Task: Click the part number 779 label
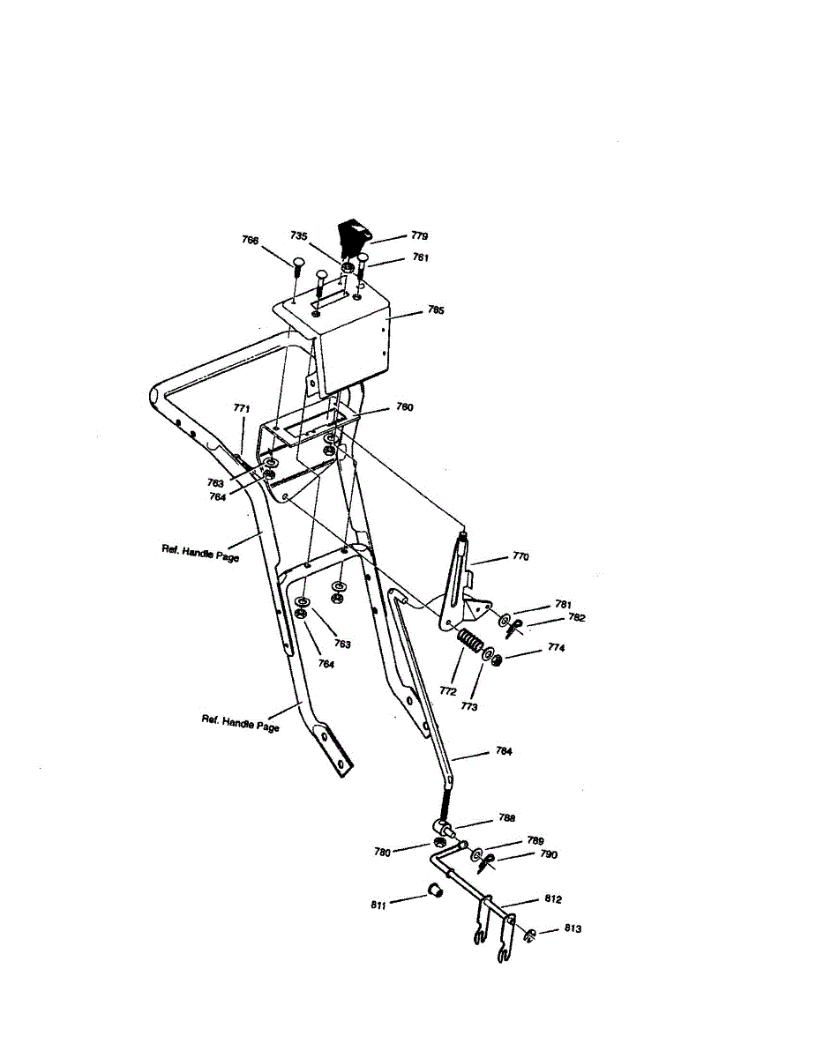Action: coord(419,236)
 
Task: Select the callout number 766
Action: coord(251,240)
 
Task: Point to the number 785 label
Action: coord(411,310)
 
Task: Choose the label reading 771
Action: coord(241,408)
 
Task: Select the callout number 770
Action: coord(520,557)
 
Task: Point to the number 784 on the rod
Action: coord(503,752)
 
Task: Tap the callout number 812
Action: coord(552,899)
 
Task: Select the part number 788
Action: coord(506,818)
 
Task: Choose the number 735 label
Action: coord(299,236)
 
